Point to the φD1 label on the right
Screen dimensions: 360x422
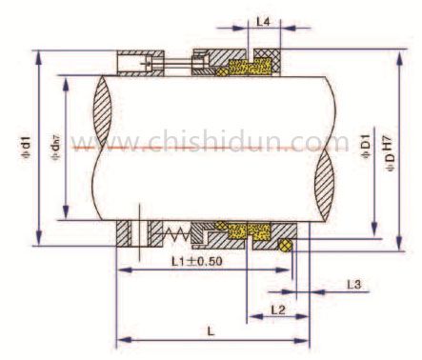click(x=367, y=147)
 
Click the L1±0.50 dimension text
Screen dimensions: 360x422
click(x=197, y=260)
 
